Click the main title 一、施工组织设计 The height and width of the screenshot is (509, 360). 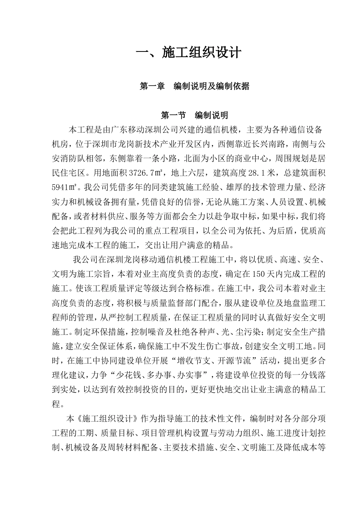coord(188,53)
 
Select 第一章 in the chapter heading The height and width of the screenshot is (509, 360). coord(152,86)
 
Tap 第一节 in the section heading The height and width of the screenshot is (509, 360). coord(174,115)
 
